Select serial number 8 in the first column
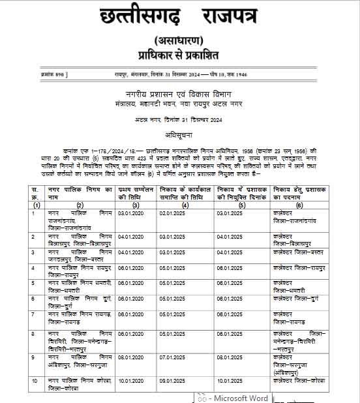33,333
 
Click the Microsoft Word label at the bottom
241,397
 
